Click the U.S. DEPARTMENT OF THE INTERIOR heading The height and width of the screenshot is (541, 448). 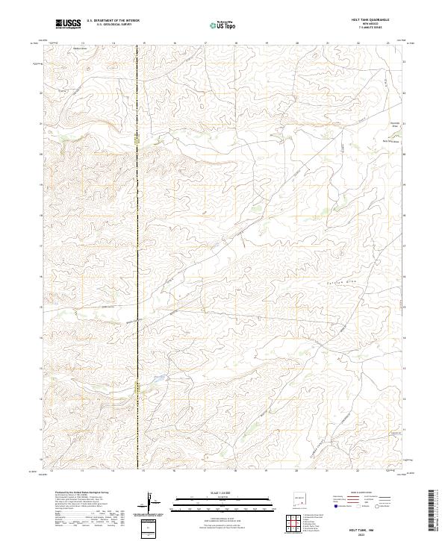click(x=113, y=21)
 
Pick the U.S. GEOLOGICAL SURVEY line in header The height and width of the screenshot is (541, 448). click(x=113, y=25)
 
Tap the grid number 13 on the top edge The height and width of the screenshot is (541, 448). click(x=82, y=43)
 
